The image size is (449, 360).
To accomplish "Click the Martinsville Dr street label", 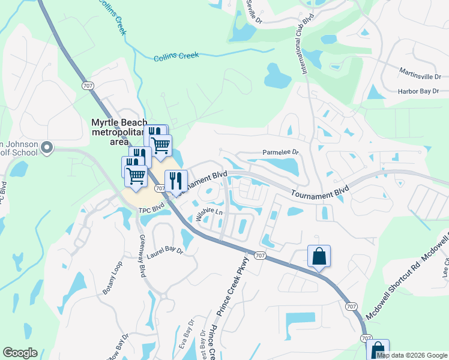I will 420,76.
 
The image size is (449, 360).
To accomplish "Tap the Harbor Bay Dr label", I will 418,91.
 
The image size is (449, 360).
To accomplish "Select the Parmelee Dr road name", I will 280,152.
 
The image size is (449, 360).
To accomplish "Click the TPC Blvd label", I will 151,210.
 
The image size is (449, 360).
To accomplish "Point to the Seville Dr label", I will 255,13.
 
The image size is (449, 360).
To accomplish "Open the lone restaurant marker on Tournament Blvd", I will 176,180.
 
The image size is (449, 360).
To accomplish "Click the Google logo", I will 20,353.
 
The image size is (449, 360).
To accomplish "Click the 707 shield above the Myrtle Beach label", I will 89,86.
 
